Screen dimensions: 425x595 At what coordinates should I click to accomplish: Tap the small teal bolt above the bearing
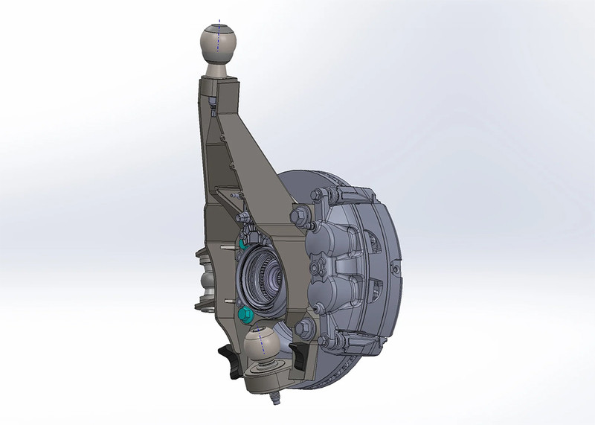(x=243, y=243)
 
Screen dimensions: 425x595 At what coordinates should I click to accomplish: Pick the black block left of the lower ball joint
(x=228, y=360)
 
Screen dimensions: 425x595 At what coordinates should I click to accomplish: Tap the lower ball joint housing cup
(x=265, y=376)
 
